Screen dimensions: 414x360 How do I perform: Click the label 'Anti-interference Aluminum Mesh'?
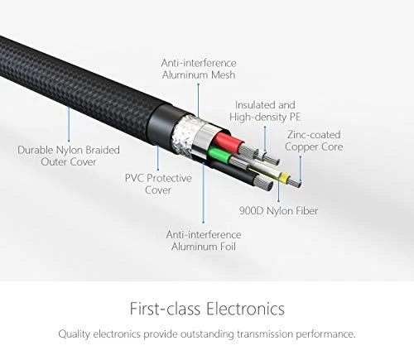(x=199, y=69)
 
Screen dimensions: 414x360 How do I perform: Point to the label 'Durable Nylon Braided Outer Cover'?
(x=69, y=156)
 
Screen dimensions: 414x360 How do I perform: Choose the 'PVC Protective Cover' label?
(x=158, y=184)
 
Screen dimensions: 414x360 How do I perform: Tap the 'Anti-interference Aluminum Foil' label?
(x=204, y=240)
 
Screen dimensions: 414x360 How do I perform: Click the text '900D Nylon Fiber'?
(x=278, y=211)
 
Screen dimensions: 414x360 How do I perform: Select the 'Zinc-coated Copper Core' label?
(x=314, y=141)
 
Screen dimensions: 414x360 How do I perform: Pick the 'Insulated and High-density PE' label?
(x=265, y=111)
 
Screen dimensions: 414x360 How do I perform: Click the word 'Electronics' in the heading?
(x=245, y=309)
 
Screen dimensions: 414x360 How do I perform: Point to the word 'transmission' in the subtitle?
(x=265, y=334)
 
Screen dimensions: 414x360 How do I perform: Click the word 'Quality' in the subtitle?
(x=75, y=334)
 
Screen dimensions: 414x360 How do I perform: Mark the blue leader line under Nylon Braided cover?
(x=69, y=124)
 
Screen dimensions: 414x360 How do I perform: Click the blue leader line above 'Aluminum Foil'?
(x=204, y=193)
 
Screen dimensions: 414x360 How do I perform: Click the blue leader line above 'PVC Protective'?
(x=158, y=157)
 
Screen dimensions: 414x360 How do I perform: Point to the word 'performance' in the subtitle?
(x=325, y=334)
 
